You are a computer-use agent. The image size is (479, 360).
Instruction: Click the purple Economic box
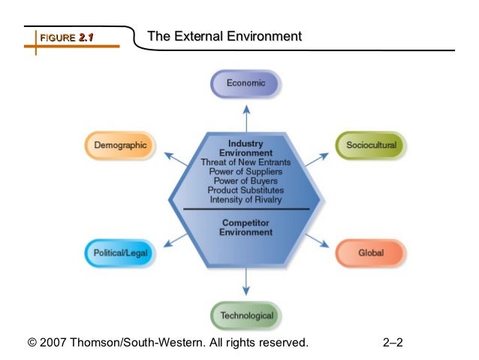coord(246,83)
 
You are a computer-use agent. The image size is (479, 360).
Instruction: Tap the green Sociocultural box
coord(371,144)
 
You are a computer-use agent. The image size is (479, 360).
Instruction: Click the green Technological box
coord(246,316)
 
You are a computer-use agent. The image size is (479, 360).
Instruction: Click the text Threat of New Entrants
coord(246,162)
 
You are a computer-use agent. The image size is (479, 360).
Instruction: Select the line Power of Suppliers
coord(246,171)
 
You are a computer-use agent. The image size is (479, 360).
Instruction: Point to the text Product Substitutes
coord(246,190)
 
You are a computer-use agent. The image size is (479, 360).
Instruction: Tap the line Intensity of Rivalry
coord(246,199)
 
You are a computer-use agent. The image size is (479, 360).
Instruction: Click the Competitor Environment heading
coord(246,227)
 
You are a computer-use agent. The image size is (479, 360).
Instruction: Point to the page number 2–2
coord(393,343)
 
